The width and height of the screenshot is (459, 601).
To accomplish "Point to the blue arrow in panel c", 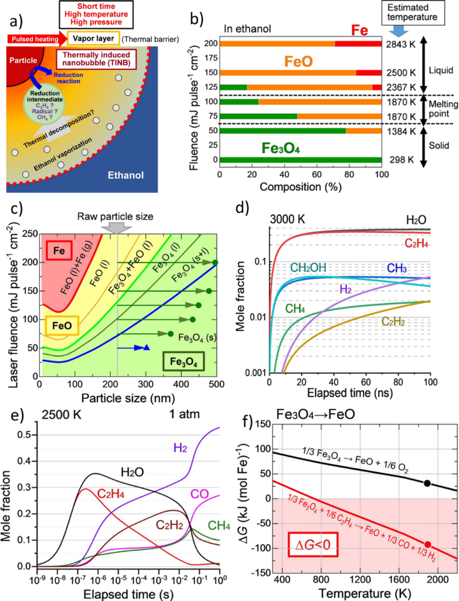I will pos(133,347).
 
